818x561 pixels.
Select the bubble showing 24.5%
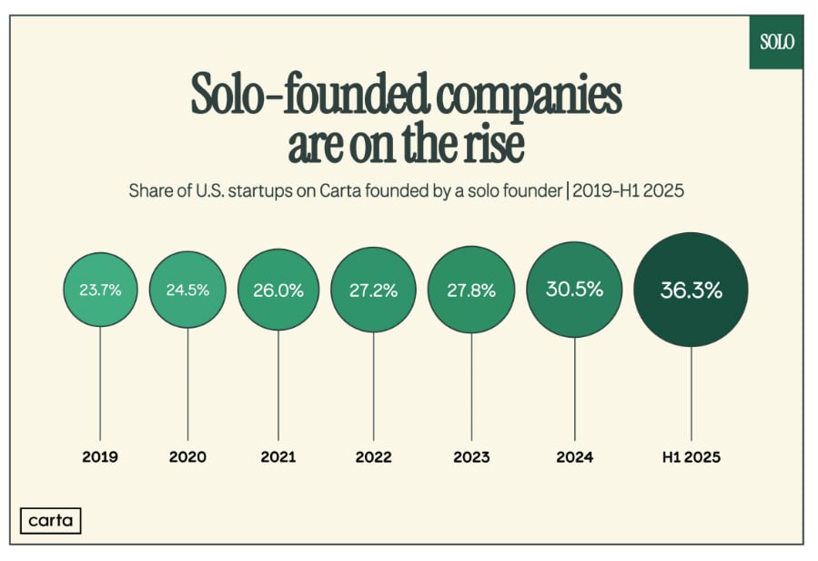point(187,290)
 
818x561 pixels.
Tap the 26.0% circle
point(278,290)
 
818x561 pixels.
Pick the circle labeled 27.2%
point(372,291)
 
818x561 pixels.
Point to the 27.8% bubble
point(472,291)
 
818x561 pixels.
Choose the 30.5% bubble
point(574,289)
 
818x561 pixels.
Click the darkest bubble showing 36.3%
point(691,291)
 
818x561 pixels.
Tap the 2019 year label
point(100,456)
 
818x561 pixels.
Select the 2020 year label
point(187,456)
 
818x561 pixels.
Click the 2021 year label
point(278,456)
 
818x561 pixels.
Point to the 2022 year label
point(372,456)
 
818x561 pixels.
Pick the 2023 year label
point(472,456)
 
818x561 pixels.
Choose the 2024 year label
point(574,456)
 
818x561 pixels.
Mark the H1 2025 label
point(691,456)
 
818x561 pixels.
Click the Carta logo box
point(50,520)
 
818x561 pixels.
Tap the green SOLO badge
point(776,42)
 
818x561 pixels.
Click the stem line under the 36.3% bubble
point(691,392)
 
